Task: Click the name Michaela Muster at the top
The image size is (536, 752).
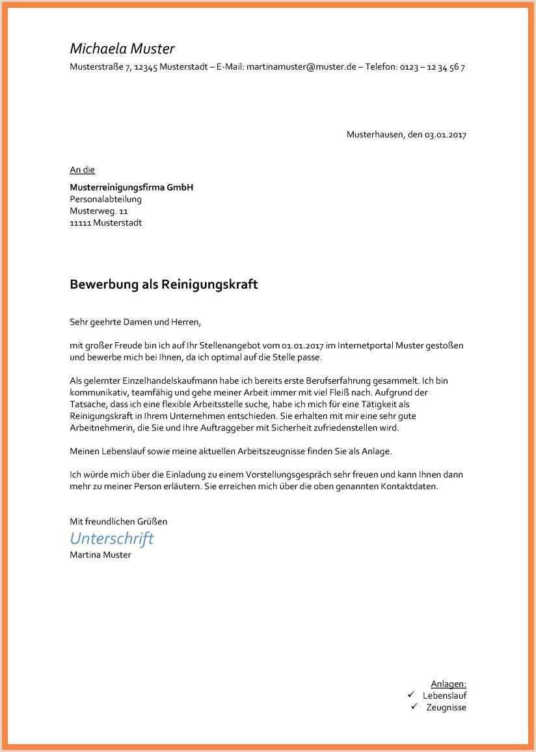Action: [x=122, y=49]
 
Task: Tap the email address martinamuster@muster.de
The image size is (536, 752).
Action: [x=301, y=67]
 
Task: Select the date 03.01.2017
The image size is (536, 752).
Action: [x=446, y=135]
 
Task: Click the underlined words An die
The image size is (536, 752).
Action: [x=82, y=170]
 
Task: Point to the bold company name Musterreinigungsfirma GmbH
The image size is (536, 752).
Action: [x=131, y=187]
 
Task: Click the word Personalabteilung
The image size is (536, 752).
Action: [x=105, y=199]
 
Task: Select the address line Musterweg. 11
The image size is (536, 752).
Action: [x=99, y=211]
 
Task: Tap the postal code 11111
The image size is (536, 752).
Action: [x=80, y=222]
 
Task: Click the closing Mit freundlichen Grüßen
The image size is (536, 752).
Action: [x=118, y=521]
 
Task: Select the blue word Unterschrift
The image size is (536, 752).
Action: [x=112, y=538]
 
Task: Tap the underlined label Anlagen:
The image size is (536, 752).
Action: [x=448, y=684]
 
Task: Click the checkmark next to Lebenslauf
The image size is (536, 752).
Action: [x=411, y=695]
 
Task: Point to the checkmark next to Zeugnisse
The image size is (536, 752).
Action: [x=414, y=706]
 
